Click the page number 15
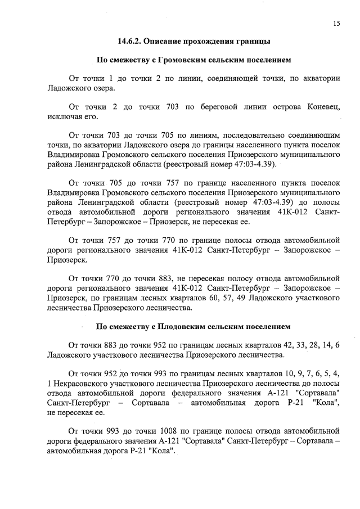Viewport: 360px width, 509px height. coord(336,23)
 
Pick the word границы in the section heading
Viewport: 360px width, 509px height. coord(262,41)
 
